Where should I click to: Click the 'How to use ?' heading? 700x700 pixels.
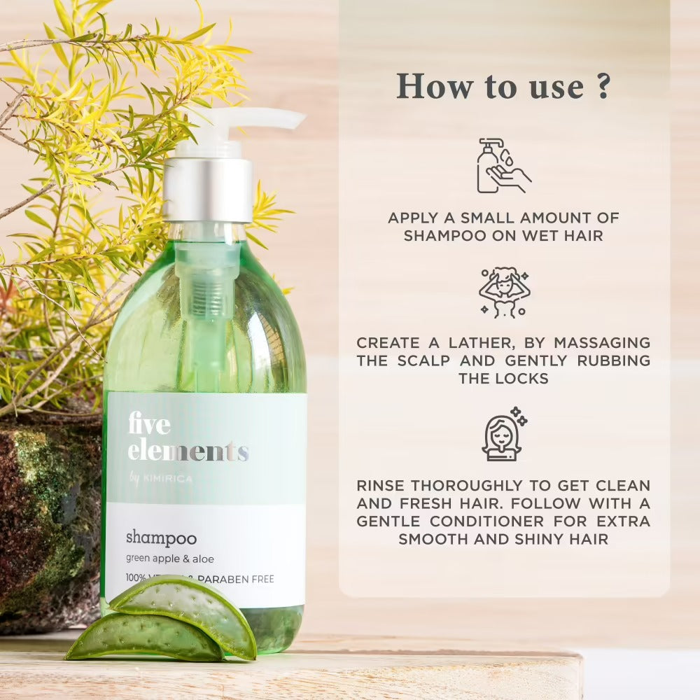[x=503, y=85]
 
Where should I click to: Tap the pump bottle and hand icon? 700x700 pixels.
[x=503, y=166]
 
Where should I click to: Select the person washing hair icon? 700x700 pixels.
[x=504, y=293]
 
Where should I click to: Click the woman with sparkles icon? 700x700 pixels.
[x=503, y=435]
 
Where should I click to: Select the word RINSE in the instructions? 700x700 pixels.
[x=381, y=485]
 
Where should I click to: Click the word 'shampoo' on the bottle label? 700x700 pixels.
[x=161, y=538]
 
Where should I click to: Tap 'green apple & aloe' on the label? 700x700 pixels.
[x=170, y=559]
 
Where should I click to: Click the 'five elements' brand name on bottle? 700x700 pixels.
[x=187, y=437]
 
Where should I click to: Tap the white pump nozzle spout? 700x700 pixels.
[x=266, y=118]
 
